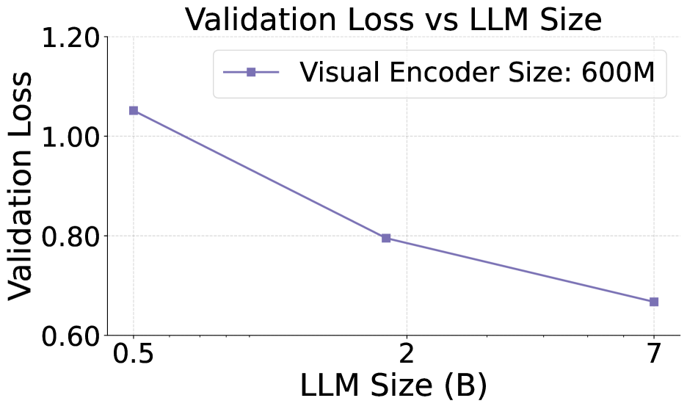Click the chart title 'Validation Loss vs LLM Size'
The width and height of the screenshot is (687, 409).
(393, 19)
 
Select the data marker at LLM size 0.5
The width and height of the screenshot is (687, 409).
(134, 110)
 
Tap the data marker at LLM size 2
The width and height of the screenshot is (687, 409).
(386, 238)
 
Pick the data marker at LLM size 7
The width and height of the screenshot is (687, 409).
(654, 302)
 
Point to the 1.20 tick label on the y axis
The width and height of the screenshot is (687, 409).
(69, 37)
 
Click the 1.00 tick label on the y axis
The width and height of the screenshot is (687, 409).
(69, 137)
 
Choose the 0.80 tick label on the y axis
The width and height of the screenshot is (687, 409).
(69, 236)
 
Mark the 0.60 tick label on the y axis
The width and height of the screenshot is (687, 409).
(69, 336)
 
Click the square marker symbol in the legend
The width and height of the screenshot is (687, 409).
(250, 73)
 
